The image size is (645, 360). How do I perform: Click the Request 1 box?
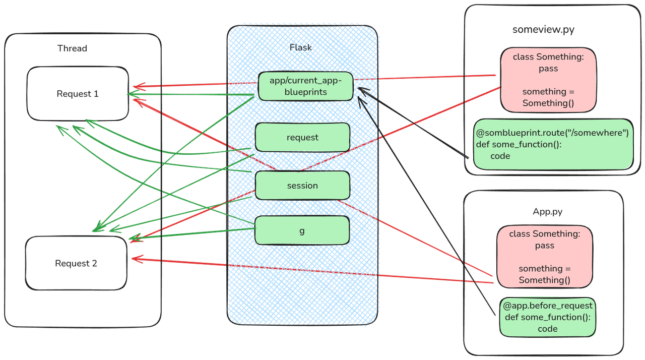(x=78, y=94)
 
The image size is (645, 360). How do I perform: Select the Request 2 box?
(x=76, y=263)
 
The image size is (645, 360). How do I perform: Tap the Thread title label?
(x=72, y=48)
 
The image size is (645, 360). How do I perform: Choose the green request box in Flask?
(x=302, y=137)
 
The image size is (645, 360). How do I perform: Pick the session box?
(x=302, y=186)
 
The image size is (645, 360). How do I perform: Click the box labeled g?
(x=302, y=230)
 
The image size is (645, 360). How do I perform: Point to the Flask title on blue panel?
(x=301, y=48)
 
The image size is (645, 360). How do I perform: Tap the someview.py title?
(x=543, y=29)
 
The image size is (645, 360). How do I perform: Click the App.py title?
(x=548, y=212)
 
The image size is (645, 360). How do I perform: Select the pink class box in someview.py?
(x=548, y=80)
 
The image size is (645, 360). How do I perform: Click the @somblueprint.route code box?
(x=553, y=145)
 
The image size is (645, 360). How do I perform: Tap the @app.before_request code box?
(x=547, y=317)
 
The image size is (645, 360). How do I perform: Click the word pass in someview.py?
(x=548, y=68)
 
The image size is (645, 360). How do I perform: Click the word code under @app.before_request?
(x=547, y=329)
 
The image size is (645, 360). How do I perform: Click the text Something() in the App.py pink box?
(x=545, y=280)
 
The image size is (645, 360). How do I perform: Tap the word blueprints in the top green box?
(x=305, y=92)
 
